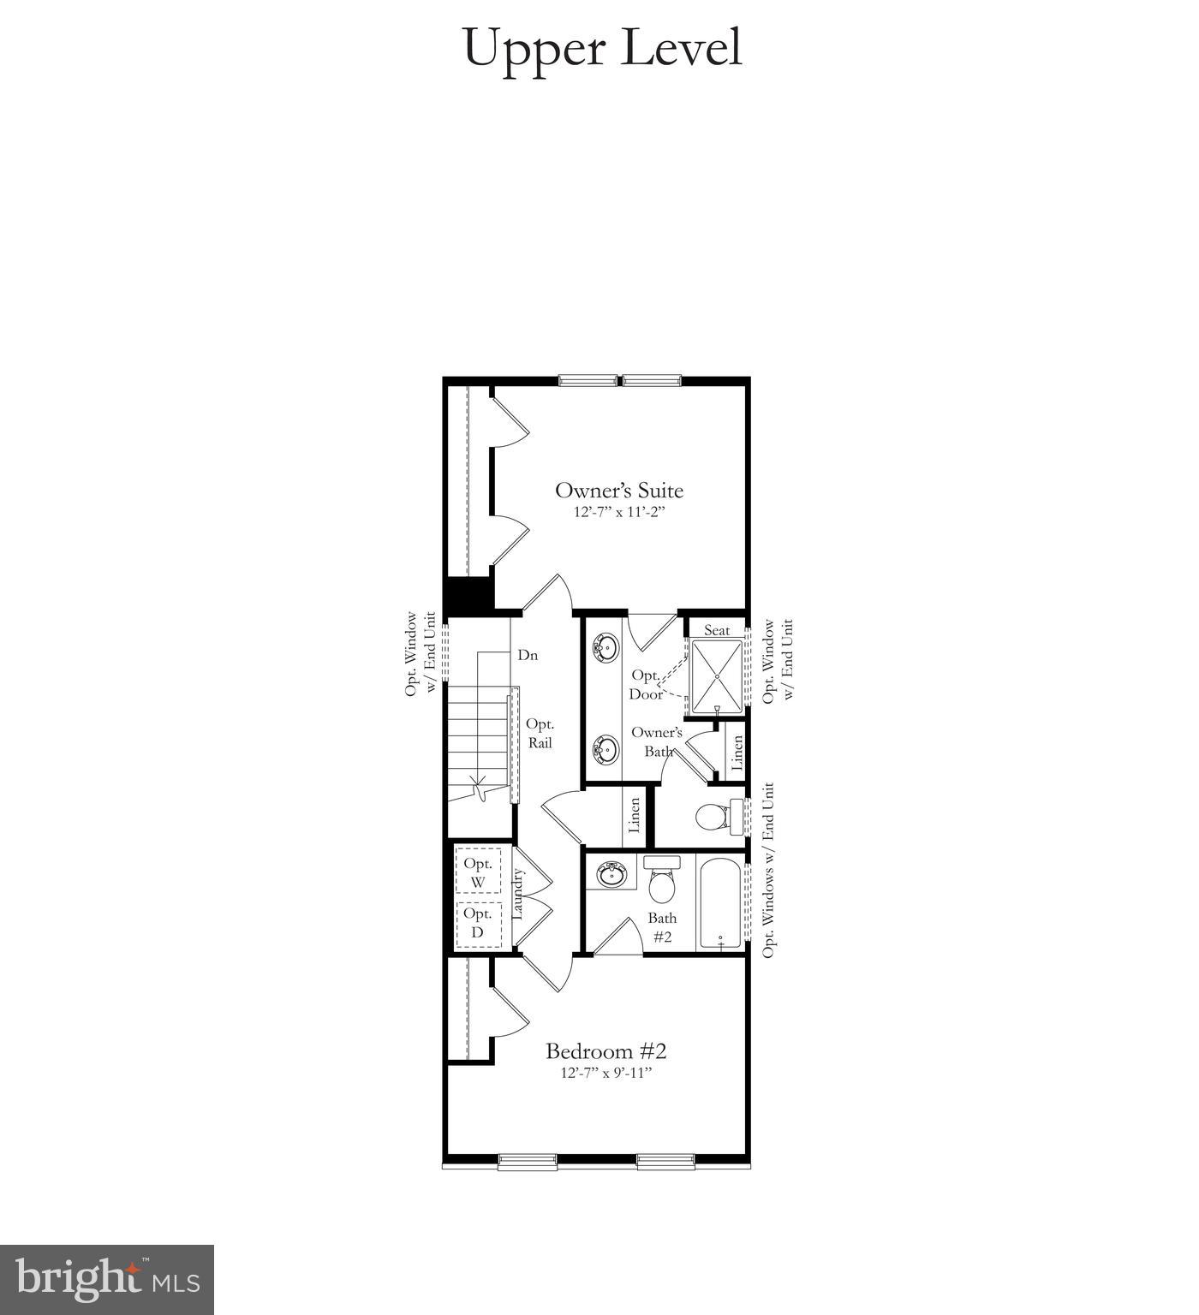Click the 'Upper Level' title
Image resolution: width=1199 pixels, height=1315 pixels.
click(x=602, y=48)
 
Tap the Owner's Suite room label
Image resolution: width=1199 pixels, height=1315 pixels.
click(x=619, y=491)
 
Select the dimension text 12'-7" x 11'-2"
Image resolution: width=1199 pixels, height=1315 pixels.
click(x=619, y=513)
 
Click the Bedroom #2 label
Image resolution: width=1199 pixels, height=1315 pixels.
click(x=606, y=1050)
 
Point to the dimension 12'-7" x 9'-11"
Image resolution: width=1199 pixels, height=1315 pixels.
click(x=606, y=1073)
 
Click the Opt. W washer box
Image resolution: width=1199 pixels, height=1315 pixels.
click(x=478, y=872)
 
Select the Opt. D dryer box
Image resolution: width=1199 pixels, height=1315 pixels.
click(x=478, y=924)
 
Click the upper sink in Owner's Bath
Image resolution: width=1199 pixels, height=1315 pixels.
click(x=606, y=648)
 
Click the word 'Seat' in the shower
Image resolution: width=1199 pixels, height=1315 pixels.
click(x=717, y=630)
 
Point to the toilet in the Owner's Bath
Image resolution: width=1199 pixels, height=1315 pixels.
click(x=716, y=817)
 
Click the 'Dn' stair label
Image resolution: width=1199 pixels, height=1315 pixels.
click(x=528, y=655)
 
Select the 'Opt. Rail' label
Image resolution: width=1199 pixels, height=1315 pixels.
click(x=540, y=734)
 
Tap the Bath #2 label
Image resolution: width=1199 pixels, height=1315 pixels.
click(x=662, y=927)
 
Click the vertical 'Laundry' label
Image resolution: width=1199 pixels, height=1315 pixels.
click(x=517, y=895)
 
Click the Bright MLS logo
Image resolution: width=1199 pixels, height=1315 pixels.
click(x=107, y=1280)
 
